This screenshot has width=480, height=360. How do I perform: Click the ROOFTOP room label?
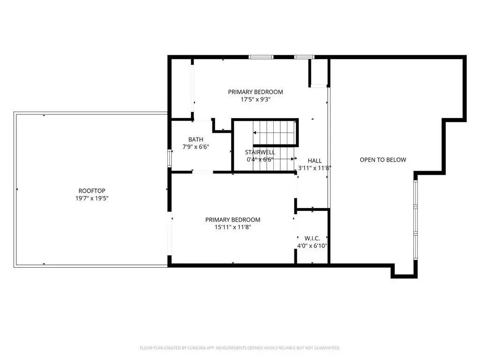92,191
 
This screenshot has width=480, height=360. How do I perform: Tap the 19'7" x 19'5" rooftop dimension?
92,198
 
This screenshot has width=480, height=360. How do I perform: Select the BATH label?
195,140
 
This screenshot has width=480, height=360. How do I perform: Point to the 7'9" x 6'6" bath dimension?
195,147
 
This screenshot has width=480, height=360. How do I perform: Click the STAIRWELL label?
260,152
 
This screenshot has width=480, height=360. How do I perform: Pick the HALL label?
315,161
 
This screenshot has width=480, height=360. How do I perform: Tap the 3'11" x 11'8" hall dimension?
315,168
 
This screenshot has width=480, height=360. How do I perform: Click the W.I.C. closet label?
312,239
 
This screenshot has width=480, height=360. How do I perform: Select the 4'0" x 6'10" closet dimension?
312,246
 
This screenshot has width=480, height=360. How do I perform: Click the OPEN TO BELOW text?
383,160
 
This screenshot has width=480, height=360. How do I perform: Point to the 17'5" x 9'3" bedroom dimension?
255,99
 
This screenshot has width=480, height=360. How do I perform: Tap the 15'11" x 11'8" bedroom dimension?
233,227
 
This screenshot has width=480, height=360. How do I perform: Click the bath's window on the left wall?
169,158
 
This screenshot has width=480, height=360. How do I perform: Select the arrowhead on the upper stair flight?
255,133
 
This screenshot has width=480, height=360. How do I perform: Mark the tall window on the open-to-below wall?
415,220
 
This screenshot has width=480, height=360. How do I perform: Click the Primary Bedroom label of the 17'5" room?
255,92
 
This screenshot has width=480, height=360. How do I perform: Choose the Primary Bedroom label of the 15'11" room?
233,220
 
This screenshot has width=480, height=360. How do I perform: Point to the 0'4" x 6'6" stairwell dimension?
260,159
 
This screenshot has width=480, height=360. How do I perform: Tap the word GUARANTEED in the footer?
328,348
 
